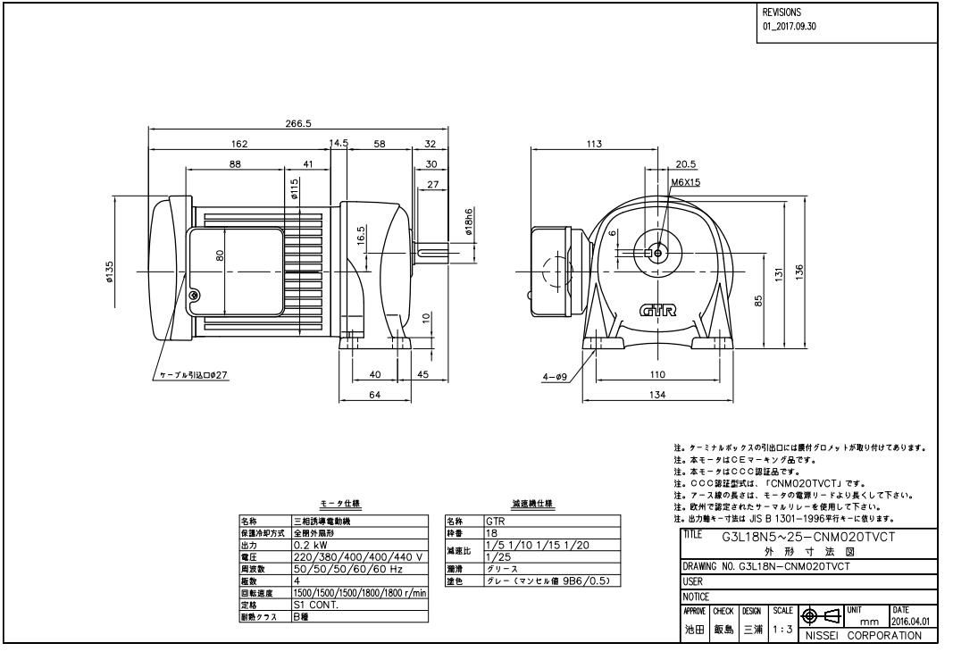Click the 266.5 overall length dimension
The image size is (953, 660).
tap(297, 123)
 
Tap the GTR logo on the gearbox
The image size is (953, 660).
tap(658, 311)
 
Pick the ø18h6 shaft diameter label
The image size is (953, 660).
tap(468, 222)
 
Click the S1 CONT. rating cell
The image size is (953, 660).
tap(313, 603)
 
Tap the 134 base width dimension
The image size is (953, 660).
tap(657, 397)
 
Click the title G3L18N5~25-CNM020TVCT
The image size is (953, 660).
tap(808, 536)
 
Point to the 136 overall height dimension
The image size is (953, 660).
tap(800, 270)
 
